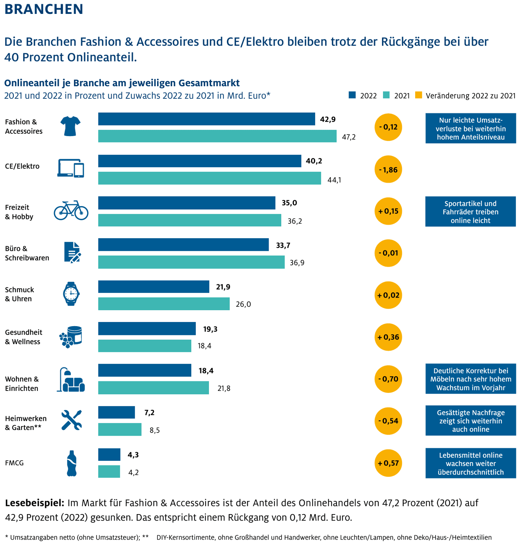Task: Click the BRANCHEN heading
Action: (44, 9)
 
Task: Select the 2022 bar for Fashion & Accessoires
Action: (206, 119)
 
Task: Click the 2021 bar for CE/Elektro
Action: (209, 178)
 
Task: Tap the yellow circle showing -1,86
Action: (388, 169)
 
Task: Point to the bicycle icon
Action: (71, 210)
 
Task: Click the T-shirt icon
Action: (70, 126)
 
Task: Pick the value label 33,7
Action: (283, 245)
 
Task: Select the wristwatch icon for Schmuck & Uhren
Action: (71, 294)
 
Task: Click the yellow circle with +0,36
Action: (388, 337)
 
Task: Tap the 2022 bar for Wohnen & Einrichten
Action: (145, 371)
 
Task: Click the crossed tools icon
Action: (71, 420)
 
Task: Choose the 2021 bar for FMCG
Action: (109, 472)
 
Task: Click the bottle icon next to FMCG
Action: (72, 463)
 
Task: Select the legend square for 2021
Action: (386, 95)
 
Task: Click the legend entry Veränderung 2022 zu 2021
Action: (470, 96)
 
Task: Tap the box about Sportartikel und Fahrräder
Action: (470, 212)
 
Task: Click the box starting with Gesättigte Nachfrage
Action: (470, 421)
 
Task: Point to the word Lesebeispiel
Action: (35, 503)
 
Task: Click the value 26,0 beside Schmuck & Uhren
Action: (243, 304)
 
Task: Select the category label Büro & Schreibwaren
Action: (27, 253)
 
